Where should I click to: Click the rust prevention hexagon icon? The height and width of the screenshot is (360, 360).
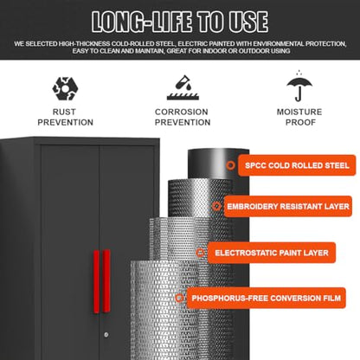[x=65, y=88]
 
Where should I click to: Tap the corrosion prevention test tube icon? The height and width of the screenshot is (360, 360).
[x=183, y=87]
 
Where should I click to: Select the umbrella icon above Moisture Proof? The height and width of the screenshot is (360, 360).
[x=299, y=86]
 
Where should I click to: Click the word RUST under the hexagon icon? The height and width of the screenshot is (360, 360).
[x=64, y=112]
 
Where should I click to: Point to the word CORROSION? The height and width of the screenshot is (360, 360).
[x=182, y=112]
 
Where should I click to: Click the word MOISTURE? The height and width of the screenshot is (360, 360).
[x=299, y=112]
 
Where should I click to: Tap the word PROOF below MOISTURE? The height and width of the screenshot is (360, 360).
[x=300, y=122]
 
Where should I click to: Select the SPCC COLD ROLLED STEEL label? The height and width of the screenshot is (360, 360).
[x=297, y=165]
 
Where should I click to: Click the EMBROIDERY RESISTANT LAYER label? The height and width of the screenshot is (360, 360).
[x=288, y=207]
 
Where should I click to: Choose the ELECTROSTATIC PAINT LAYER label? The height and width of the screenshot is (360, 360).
[x=272, y=253]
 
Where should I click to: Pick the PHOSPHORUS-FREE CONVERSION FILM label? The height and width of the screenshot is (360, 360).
[x=266, y=298]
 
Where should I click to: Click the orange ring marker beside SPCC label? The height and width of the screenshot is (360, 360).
[x=230, y=165]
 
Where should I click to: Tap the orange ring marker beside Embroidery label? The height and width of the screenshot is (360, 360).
[x=216, y=206]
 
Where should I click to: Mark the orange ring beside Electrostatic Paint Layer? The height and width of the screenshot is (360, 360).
[x=200, y=253]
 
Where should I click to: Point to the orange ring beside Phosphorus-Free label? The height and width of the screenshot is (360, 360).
[x=179, y=298]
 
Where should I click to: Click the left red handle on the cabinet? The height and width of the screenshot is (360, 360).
[x=96, y=281]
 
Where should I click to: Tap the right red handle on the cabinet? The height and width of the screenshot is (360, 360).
[x=106, y=281]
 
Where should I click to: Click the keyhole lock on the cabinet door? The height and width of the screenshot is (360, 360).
[x=106, y=335]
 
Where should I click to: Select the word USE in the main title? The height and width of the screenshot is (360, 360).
[x=248, y=22]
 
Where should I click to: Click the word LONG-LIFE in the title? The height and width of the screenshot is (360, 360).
[x=142, y=22]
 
